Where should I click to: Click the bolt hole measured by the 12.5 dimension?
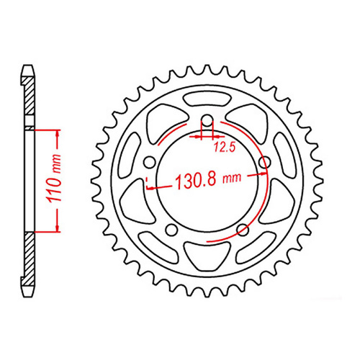click(x=207, y=120)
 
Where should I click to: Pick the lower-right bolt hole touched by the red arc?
click(x=243, y=230)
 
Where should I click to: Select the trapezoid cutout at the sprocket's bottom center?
click(x=207, y=253)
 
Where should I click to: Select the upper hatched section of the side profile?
click(x=29, y=101)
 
